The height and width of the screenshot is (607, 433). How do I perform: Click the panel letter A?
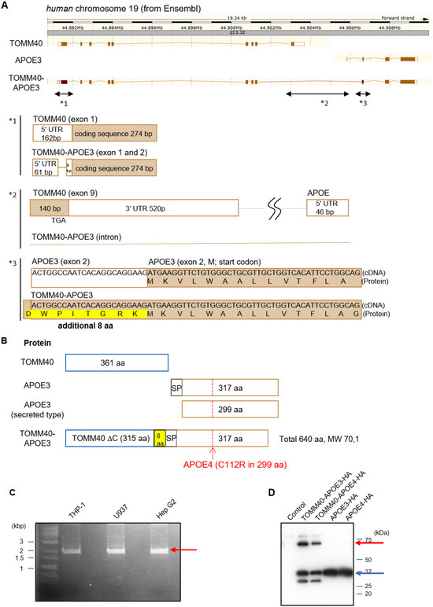coord(6,5)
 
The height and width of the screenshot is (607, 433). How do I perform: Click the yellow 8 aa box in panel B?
coord(158,438)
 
